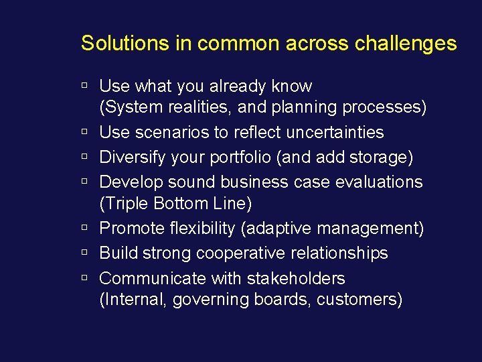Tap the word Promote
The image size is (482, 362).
click(x=133, y=228)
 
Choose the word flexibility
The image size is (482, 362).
click(x=204, y=228)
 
